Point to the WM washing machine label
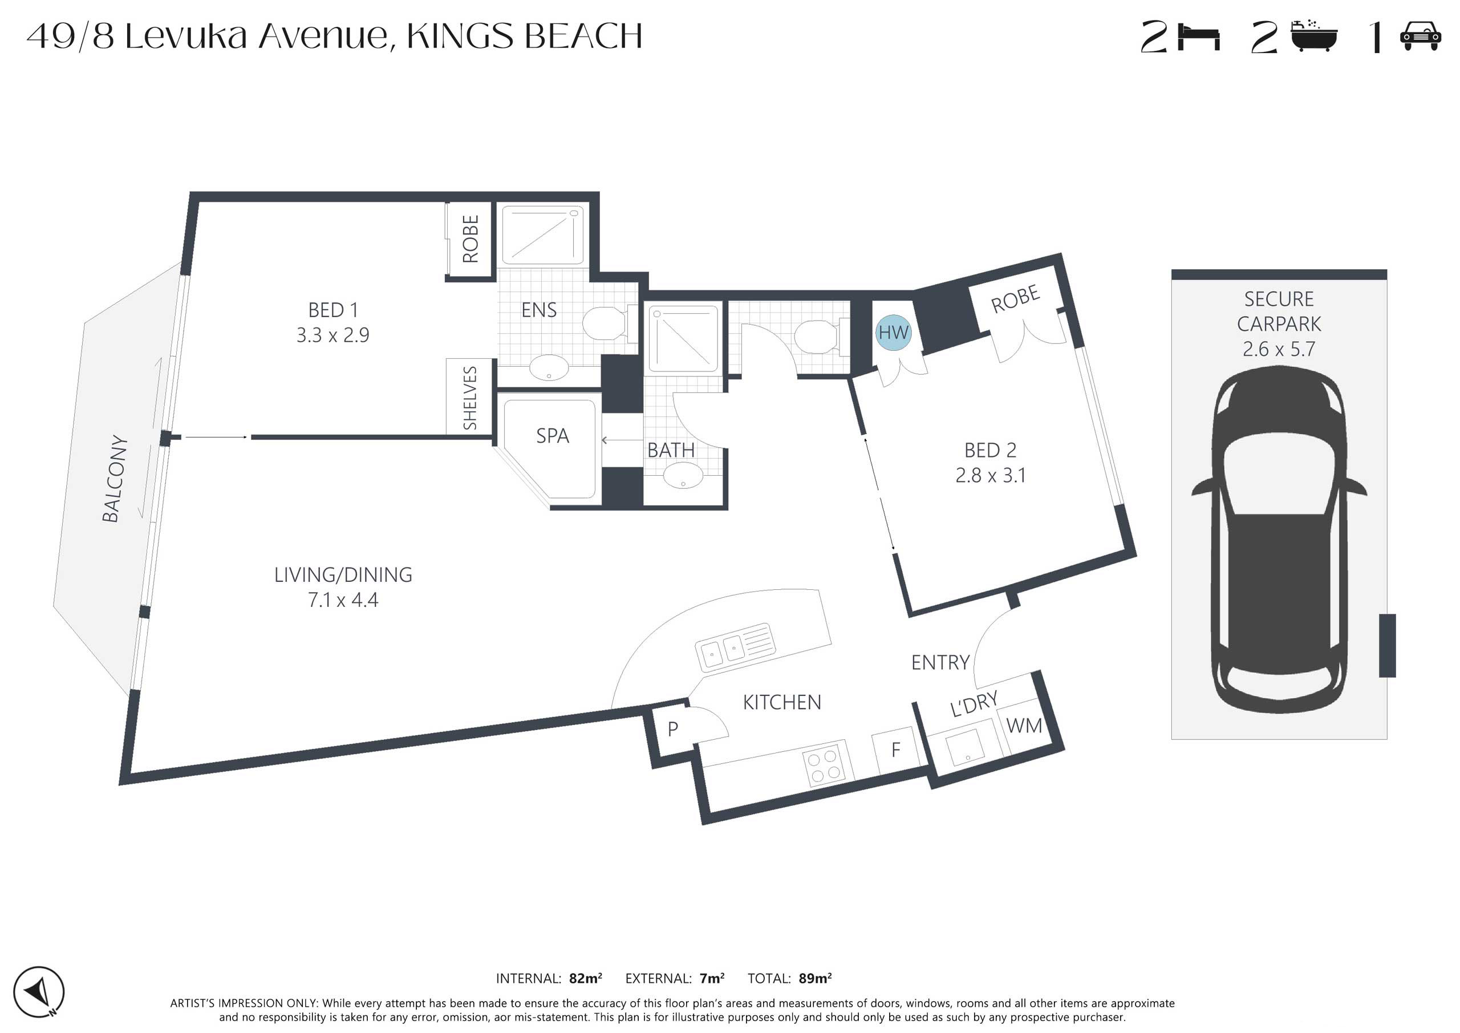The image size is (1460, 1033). click(1024, 726)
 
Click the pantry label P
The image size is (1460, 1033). click(673, 729)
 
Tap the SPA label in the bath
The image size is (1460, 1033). click(552, 436)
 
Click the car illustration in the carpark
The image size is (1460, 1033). click(1279, 540)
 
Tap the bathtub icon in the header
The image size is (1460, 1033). click(1314, 37)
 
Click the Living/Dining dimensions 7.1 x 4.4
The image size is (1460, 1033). click(343, 600)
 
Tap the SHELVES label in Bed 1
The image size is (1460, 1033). click(470, 398)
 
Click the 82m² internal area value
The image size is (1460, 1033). click(585, 978)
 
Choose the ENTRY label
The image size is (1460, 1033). click(940, 663)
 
